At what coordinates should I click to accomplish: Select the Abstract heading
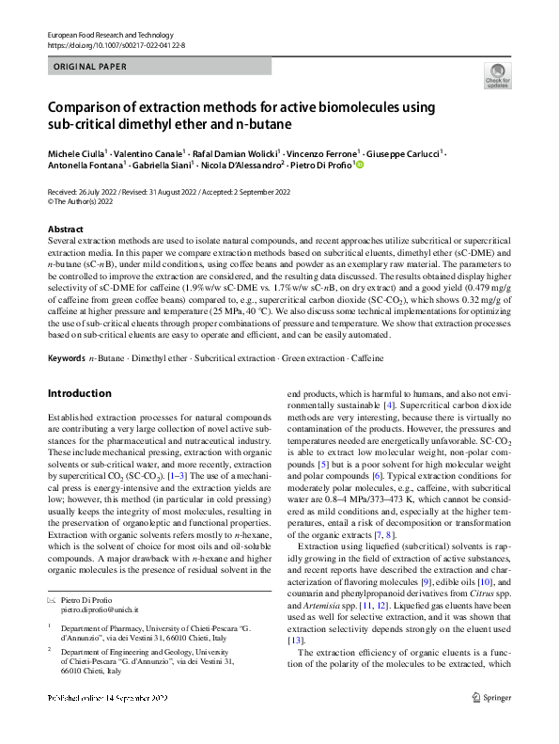[x=66, y=230]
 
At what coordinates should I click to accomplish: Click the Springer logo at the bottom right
[x=493, y=723]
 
